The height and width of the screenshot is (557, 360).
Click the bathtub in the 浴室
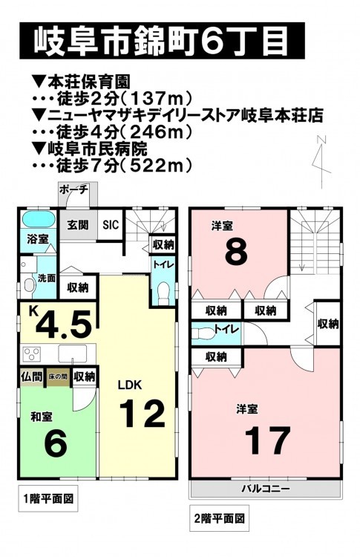pyautogui.click(x=39, y=219)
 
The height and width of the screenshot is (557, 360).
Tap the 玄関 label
pyautogui.click(x=78, y=224)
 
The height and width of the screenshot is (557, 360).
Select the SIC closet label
pyautogui.click(x=111, y=225)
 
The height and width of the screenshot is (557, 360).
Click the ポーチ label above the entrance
pyautogui.click(x=73, y=189)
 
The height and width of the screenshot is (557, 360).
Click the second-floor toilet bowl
pyautogui.click(x=203, y=333)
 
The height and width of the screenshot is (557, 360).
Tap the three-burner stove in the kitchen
pyautogui.click(x=32, y=354)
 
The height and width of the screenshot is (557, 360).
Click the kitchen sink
pyautogui.click(x=73, y=354)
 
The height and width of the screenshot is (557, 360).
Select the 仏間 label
pyautogui.click(x=32, y=377)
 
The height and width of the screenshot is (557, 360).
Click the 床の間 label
pyautogui.click(x=57, y=377)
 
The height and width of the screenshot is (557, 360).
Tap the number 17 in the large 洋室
pyautogui.click(x=267, y=440)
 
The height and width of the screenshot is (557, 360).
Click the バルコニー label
pyautogui.click(x=266, y=489)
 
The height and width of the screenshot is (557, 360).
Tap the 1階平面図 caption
pyautogui.click(x=48, y=498)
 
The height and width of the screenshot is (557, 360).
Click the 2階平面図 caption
pyautogui.click(x=220, y=518)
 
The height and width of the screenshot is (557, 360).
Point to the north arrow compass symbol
pyautogui.click(x=321, y=162)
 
